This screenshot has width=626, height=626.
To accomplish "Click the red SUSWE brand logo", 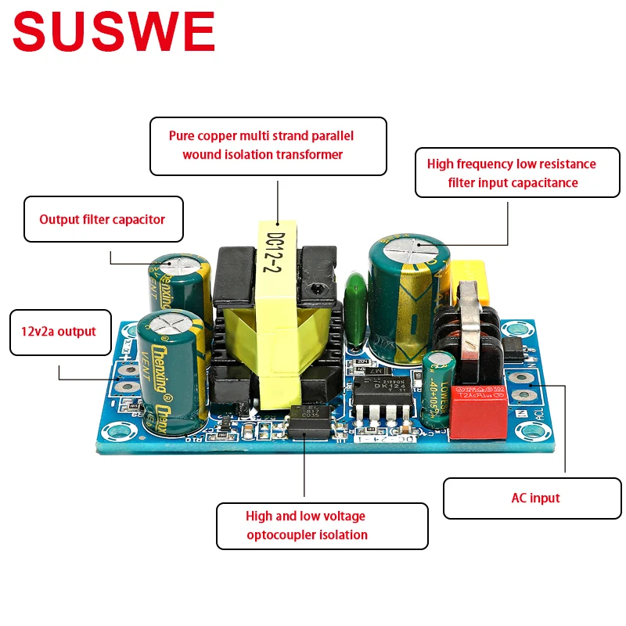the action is (x=113, y=33).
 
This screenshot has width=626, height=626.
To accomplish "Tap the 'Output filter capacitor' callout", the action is (x=103, y=219).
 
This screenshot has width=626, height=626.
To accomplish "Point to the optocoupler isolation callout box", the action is (x=322, y=526).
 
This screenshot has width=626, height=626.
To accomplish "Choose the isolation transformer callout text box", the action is (x=268, y=146).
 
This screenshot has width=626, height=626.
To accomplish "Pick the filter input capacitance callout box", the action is (x=512, y=173).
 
